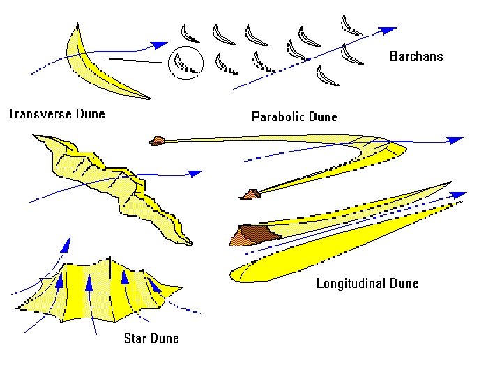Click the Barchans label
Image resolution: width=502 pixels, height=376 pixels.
(416, 56)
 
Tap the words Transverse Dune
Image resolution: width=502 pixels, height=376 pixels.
(56, 113)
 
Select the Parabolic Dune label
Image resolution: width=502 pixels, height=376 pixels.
(294, 116)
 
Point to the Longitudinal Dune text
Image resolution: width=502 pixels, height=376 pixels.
(367, 283)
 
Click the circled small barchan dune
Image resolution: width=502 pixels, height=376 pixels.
(185, 63)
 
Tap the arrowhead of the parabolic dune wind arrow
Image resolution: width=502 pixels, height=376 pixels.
(455, 140)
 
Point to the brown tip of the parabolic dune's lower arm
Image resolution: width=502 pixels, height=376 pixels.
(248, 194)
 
